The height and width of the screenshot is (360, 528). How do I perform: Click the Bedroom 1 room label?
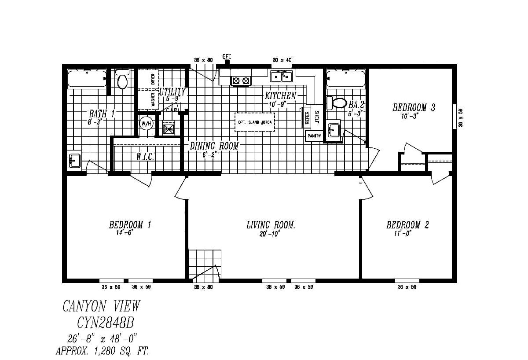130,225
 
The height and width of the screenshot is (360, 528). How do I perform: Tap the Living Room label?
270,225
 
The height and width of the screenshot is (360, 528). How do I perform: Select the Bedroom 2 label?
407,225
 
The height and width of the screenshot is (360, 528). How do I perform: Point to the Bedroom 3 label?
414,107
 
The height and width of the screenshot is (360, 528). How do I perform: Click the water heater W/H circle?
146,124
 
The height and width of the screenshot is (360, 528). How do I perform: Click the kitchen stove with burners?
241,81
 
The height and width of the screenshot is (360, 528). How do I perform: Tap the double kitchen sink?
281,77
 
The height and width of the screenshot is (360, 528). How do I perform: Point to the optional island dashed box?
255,122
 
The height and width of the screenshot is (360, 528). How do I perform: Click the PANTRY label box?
314,136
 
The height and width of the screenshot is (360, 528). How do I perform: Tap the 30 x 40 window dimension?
282,60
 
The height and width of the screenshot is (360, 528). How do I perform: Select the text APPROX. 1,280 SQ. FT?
102,351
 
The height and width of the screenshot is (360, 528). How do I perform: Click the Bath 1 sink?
74,160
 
